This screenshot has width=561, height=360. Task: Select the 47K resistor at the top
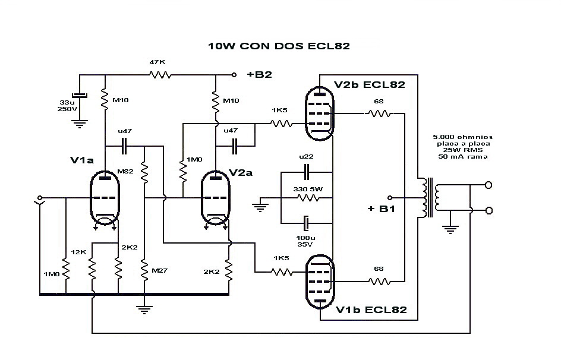(160, 75)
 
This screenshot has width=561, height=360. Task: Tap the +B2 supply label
(259, 75)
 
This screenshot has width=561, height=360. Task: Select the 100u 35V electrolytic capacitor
(306, 223)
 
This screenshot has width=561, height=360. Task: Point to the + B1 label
(380, 209)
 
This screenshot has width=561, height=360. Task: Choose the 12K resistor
(92, 270)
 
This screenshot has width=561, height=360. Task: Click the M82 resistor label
(125, 172)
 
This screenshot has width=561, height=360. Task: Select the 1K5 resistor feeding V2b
(282, 124)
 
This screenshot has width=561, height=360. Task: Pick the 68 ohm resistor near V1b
(380, 280)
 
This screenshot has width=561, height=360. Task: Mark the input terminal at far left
(40, 198)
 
